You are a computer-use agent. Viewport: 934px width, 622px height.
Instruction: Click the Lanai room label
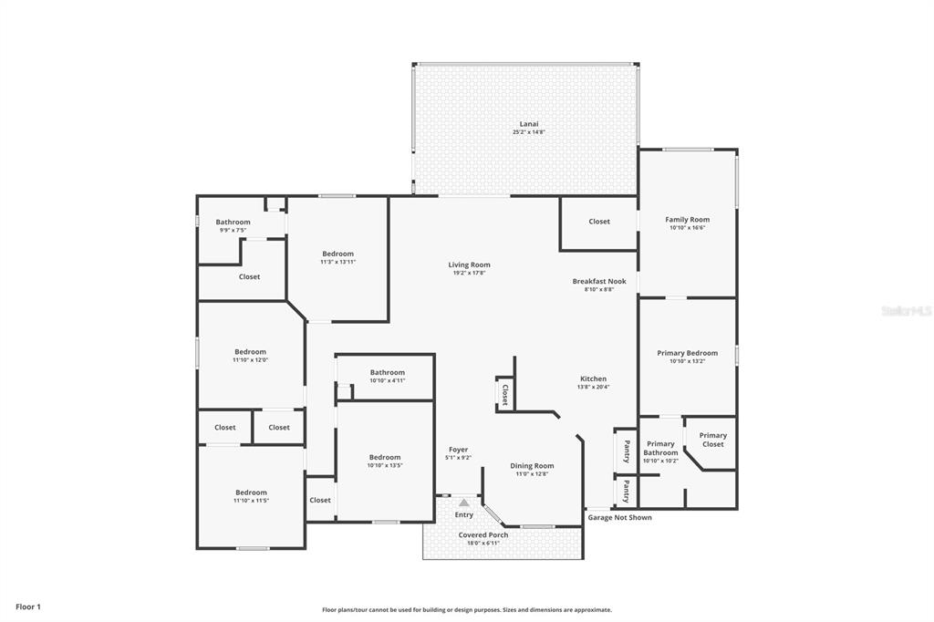tap(528, 124)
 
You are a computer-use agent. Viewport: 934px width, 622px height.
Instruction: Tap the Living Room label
tap(469, 265)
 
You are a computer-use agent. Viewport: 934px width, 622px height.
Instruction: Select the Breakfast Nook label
tap(598, 282)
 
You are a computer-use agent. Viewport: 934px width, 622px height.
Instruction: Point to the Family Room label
tap(687, 220)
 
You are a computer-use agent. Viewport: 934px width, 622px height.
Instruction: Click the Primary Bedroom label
tap(687, 353)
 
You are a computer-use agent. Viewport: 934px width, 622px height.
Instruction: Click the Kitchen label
tap(593, 378)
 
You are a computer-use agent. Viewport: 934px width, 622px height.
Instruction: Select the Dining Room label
tap(532, 466)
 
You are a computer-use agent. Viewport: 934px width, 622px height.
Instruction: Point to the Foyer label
tap(458, 450)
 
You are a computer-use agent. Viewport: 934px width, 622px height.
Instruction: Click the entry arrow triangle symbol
tap(464, 503)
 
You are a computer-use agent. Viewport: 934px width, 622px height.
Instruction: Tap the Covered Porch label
tap(483, 535)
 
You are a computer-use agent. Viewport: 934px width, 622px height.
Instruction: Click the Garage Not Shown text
tap(619, 518)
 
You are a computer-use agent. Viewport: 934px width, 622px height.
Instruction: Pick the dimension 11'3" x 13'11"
tap(337, 262)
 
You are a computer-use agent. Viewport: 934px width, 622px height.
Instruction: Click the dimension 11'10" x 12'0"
tap(250, 360)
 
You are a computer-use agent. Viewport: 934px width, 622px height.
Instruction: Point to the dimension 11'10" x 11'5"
tap(250, 501)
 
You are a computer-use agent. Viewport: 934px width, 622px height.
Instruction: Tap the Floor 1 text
tap(28, 606)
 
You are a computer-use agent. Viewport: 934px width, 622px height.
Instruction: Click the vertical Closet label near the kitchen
tap(504, 393)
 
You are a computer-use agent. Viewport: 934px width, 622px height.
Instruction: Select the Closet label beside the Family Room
tap(599, 222)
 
